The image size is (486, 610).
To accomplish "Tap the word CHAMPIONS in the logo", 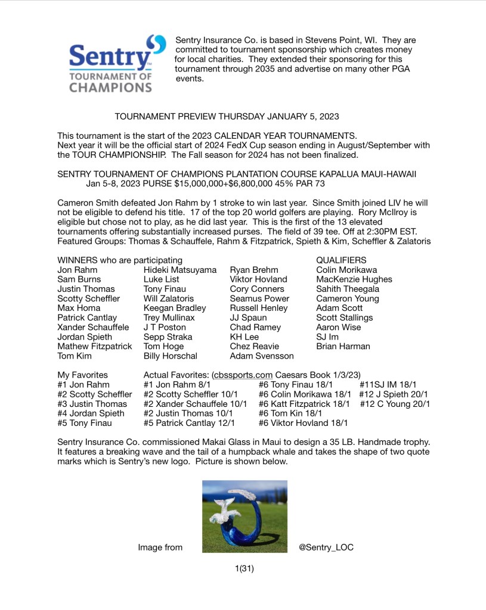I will (x=110, y=87).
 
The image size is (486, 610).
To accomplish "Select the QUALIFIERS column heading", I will (x=341, y=260).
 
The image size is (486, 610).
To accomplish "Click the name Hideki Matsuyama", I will (x=180, y=270).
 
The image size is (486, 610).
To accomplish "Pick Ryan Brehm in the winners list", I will (x=253, y=270).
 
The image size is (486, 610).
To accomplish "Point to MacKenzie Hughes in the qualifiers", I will (x=354, y=279).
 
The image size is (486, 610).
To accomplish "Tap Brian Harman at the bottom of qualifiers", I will (x=343, y=346).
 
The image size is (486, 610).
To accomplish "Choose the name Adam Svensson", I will (x=262, y=356).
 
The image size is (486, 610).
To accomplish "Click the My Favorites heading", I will (x=82, y=375).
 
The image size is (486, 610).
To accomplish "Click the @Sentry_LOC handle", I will (x=326, y=547).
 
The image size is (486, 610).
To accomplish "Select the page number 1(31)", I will (x=244, y=568).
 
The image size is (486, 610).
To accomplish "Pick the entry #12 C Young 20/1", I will (x=393, y=404).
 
